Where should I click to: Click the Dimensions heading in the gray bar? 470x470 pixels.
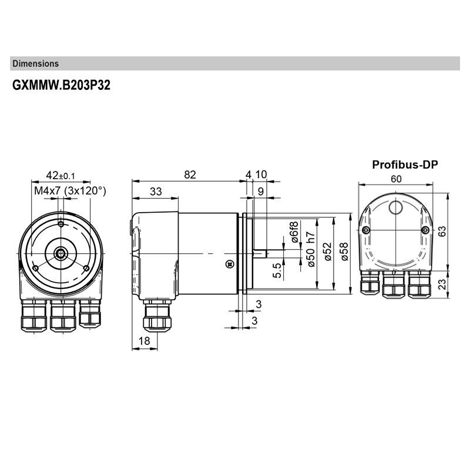click(x=35, y=63)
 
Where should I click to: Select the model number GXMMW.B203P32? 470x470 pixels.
click(x=62, y=85)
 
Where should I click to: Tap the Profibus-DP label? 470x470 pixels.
click(x=405, y=164)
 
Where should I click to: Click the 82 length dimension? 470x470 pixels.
click(x=189, y=174)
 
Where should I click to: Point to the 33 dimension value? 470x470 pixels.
click(x=156, y=192)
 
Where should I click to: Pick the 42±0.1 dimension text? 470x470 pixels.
click(x=61, y=175)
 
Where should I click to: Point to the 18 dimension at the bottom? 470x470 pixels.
click(x=144, y=341)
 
